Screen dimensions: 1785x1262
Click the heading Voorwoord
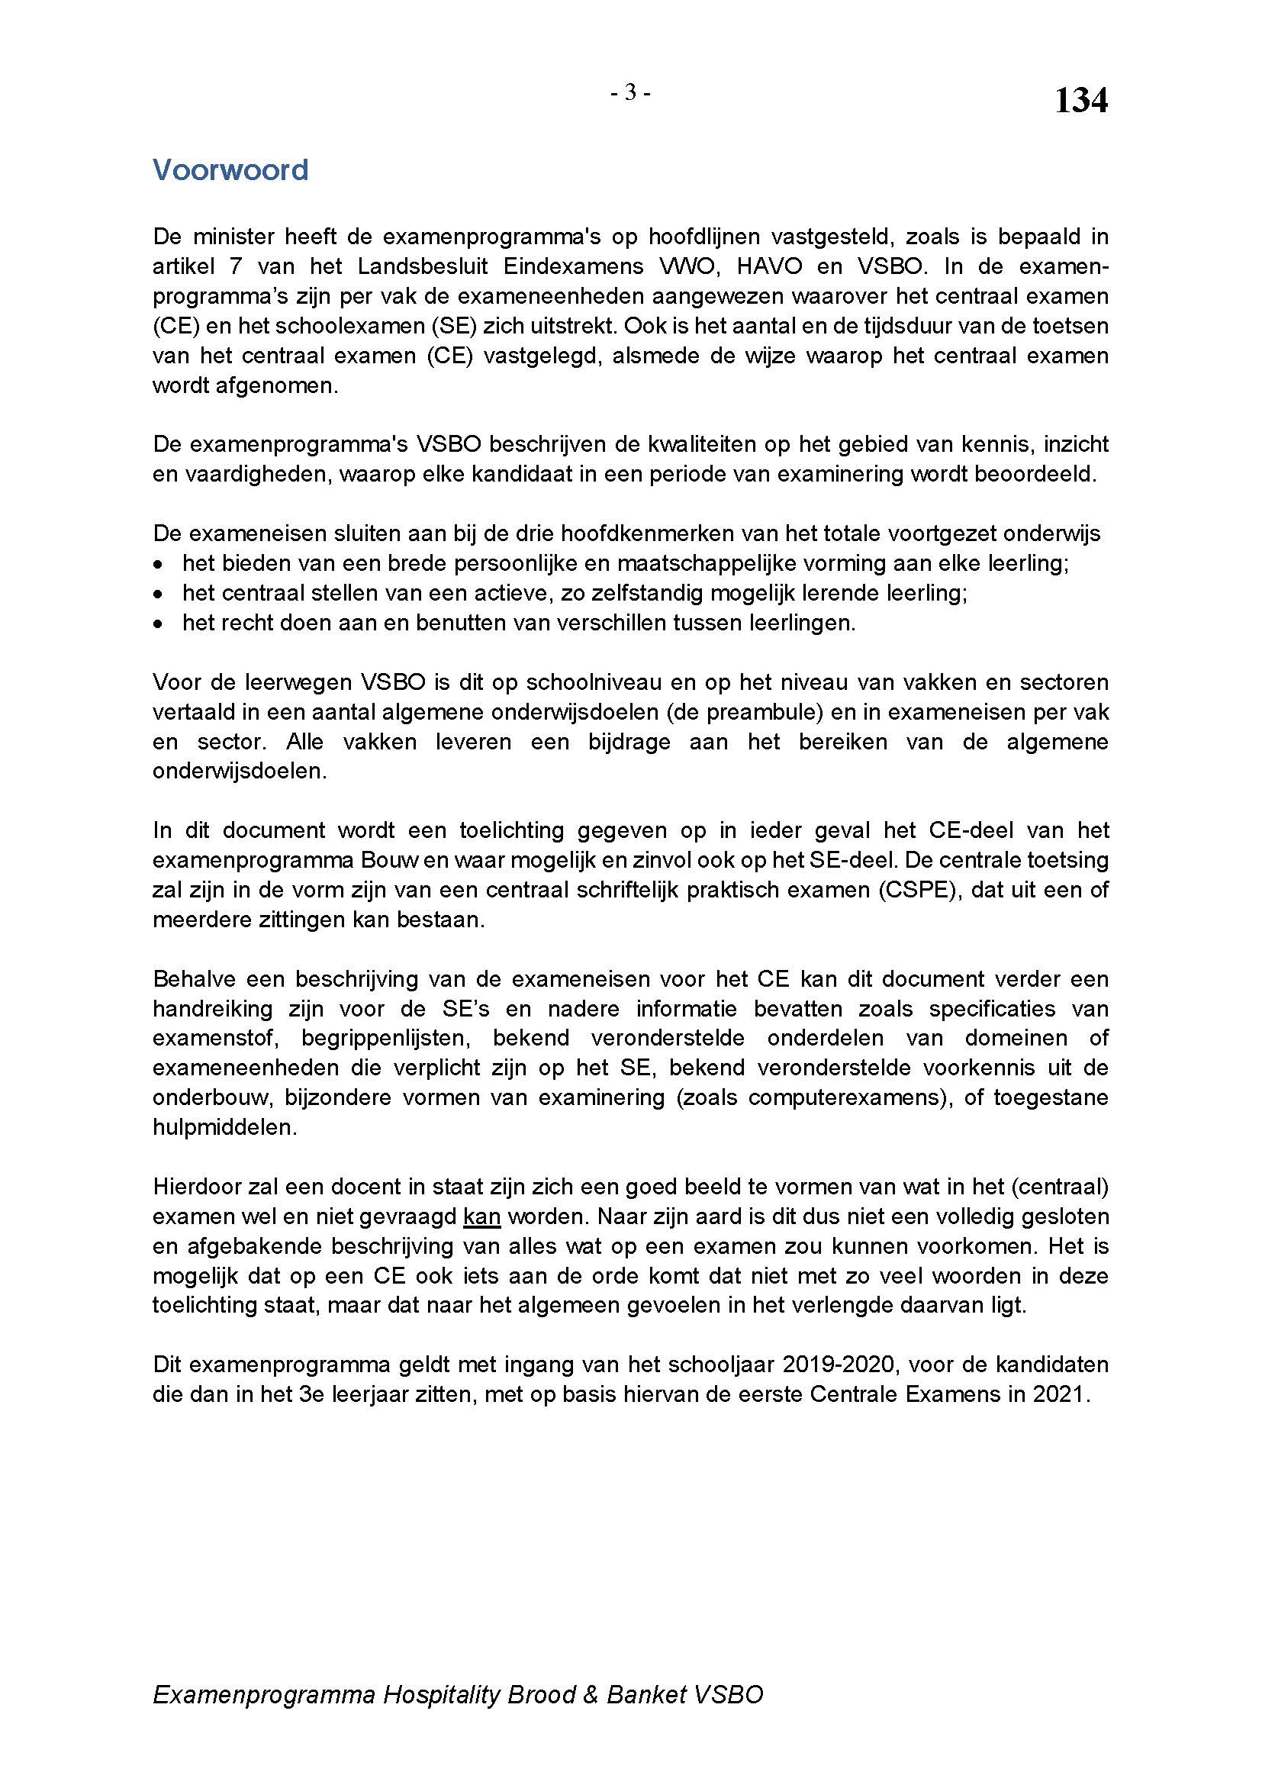coord(230,169)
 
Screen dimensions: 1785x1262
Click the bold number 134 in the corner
coord(1080,101)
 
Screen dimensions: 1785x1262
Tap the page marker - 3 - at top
coord(630,93)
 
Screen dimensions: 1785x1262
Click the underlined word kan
coord(481,1216)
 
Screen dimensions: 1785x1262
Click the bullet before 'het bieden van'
coord(159,564)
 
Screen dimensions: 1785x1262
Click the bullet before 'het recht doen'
coord(159,623)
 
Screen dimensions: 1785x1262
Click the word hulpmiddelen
coord(224,1127)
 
